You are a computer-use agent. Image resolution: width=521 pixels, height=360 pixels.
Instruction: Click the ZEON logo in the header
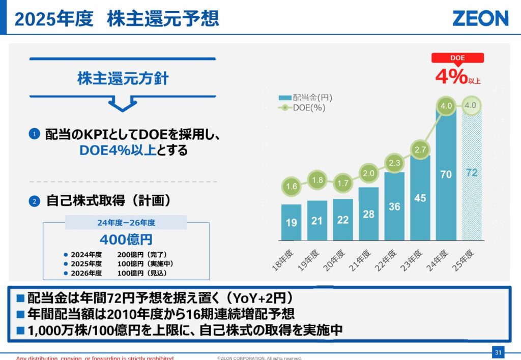[480, 18]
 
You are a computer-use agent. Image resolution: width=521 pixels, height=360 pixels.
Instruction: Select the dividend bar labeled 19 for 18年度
[291, 222]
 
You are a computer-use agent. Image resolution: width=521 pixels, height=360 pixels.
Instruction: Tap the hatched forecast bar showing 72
[471, 173]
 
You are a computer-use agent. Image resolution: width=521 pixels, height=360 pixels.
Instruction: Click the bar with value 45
[420, 198]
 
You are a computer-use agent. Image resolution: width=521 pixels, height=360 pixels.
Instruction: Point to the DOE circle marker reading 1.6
[292, 187]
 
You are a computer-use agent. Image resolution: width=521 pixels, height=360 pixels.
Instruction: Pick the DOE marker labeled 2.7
[420, 150]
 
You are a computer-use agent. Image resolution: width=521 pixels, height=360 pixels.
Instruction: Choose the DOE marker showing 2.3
[394, 163]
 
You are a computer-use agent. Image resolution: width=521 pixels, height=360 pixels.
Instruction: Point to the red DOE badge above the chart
[457, 58]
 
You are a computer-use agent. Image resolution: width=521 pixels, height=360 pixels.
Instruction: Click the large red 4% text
[451, 76]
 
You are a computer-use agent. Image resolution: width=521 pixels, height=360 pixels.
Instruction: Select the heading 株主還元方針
[123, 79]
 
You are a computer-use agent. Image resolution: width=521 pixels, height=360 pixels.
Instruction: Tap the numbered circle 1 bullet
[34, 134]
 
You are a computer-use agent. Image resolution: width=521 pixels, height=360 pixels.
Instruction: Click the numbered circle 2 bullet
[34, 201]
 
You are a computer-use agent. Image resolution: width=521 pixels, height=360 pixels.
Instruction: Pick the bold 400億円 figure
[126, 239]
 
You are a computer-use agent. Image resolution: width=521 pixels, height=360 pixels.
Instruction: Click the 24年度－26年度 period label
[126, 222]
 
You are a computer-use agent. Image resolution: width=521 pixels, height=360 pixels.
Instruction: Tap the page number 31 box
[498, 352]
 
